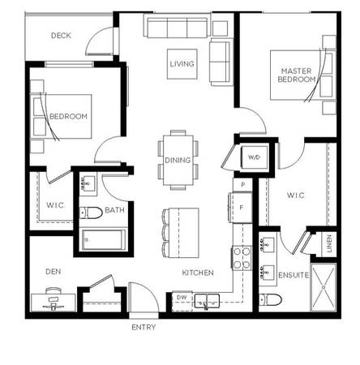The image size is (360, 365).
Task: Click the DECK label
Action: [61, 36]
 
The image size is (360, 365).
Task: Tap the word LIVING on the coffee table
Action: [182, 64]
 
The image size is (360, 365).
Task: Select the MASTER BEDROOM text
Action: [297, 75]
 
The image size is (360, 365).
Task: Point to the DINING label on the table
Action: [178, 160]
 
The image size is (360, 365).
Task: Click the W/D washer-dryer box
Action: [254, 157]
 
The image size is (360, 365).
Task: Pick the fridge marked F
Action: [242, 208]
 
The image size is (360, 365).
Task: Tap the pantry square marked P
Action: [242, 185]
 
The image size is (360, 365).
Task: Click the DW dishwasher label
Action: [182, 298]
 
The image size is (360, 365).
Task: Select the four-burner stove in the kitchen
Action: [242, 258]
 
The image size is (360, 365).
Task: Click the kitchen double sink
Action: [207, 301]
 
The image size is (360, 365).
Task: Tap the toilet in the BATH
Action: [91, 213]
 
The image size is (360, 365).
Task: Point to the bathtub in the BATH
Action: [104, 240]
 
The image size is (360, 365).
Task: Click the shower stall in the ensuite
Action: [324, 287]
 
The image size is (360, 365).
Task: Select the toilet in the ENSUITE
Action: [270, 299]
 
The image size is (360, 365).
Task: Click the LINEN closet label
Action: [329, 243]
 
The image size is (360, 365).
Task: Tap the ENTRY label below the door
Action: [144, 328]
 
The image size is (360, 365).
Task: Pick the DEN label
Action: [54, 272]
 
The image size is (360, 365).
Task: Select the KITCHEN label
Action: [198, 273]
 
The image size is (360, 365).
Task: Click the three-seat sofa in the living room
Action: [178, 28]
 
